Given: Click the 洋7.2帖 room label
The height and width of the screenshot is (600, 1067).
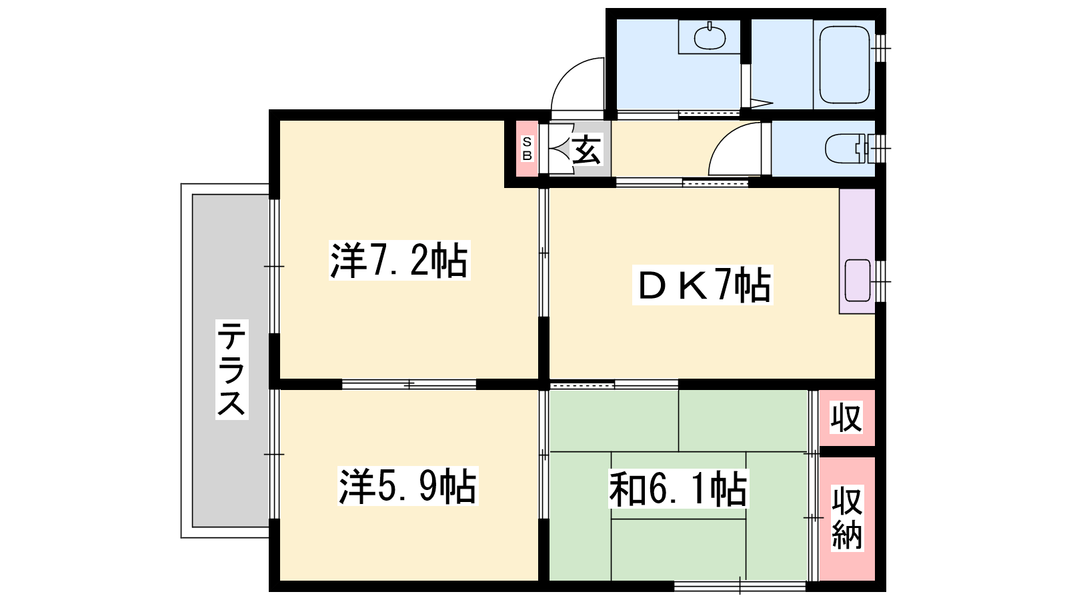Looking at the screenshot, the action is point(399,261).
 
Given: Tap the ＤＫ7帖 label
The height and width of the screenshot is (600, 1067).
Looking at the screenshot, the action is point(702,285).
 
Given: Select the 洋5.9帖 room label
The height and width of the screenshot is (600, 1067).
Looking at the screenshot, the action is point(407,486).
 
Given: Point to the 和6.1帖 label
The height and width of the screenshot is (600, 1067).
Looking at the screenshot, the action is point(678,489).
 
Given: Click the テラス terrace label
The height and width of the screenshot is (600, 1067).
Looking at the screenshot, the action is point(232,369).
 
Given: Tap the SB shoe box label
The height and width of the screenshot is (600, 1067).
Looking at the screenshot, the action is point(527,149).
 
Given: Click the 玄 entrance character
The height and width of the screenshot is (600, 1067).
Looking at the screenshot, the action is point(586,149).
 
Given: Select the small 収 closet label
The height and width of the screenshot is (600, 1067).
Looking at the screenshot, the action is point(846,417).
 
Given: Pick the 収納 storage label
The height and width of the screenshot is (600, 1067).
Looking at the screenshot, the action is point(847,518).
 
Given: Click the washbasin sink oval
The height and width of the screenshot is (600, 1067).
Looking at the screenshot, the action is point(710,37).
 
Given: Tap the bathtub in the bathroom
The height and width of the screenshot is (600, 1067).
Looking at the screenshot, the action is point(844,64).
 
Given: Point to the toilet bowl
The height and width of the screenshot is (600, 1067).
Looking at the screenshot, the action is point(844,149).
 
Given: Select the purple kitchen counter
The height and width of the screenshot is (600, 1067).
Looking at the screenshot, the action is point(857,251).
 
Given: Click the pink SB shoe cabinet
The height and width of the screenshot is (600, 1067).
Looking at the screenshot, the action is point(527,149).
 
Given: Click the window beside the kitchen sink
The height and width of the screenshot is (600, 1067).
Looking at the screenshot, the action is point(881,281).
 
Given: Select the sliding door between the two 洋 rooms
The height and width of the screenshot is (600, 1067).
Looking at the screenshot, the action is point(409,384).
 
